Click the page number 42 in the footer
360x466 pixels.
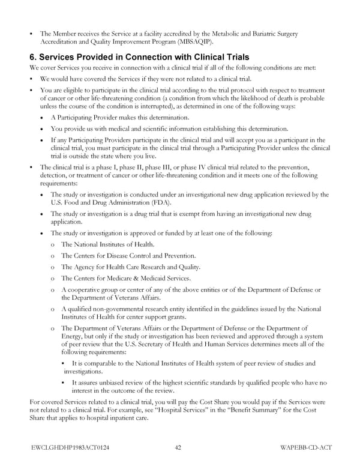179,446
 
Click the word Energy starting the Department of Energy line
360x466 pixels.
72,336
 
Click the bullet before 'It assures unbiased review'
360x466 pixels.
64,382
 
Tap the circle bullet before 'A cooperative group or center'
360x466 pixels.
53,290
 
